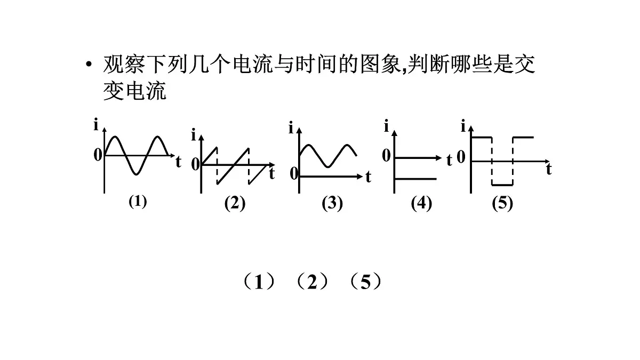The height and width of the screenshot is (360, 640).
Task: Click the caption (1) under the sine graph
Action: click(x=138, y=202)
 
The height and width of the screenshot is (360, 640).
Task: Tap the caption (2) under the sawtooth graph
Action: click(x=235, y=203)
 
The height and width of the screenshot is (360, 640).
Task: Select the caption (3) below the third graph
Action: click(x=332, y=203)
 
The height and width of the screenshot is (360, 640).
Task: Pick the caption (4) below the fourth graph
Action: click(x=421, y=203)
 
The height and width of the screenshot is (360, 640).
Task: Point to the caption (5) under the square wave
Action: click(x=502, y=203)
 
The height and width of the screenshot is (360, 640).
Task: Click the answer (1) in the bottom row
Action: click(x=259, y=282)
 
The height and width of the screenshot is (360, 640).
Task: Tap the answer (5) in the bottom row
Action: click(x=366, y=282)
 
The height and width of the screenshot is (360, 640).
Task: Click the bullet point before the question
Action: click(x=89, y=64)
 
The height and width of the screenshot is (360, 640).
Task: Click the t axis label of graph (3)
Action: click(x=369, y=177)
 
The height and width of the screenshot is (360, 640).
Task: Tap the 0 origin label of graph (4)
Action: click(x=386, y=156)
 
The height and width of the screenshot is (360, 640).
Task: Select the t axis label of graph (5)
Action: click(x=549, y=169)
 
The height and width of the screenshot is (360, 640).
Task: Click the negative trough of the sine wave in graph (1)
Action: click(x=137, y=174)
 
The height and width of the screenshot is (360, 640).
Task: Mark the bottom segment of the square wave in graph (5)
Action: click(x=502, y=185)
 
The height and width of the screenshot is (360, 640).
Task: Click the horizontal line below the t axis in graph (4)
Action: click(x=415, y=179)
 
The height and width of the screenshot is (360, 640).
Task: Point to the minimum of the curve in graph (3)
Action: click(x=328, y=166)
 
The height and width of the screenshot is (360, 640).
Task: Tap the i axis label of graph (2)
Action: click(x=194, y=135)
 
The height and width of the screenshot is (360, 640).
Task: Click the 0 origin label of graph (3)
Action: click(x=294, y=173)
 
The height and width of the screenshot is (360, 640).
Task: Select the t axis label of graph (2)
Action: click(x=271, y=173)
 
